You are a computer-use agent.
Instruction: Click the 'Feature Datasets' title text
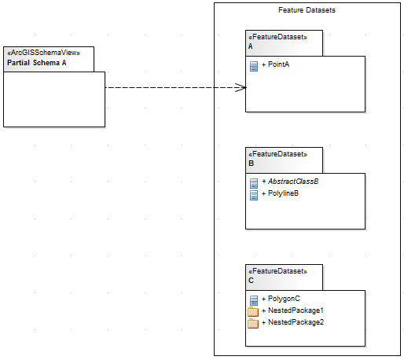[x=307, y=9]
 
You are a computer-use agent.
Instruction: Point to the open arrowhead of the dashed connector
[x=242, y=87]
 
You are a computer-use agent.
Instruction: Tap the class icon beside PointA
[x=253, y=65]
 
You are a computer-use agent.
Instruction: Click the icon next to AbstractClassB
[x=253, y=182]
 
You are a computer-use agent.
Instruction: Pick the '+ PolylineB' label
[x=280, y=193]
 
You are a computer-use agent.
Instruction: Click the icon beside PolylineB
[x=253, y=194]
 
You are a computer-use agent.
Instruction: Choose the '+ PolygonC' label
[x=281, y=299]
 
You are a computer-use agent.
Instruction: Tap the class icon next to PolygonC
[x=253, y=299]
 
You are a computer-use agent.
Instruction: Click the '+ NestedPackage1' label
[x=291, y=310]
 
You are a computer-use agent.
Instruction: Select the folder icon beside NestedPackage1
[x=253, y=311]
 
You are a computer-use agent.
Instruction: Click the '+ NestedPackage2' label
[x=291, y=322]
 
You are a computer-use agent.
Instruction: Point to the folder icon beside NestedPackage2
[x=253, y=323]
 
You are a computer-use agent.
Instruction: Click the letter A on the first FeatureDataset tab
[x=251, y=46]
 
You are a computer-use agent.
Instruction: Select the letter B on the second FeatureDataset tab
[x=251, y=163]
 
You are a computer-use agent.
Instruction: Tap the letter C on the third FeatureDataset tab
[x=251, y=281]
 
